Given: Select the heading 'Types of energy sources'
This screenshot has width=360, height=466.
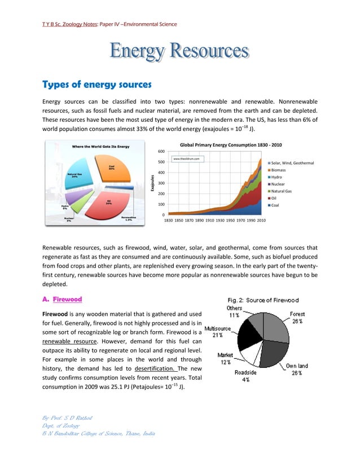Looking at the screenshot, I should [97, 85].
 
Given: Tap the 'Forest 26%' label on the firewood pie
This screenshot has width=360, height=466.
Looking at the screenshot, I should [297, 318].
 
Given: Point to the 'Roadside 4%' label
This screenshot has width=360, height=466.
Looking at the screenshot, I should [246, 376].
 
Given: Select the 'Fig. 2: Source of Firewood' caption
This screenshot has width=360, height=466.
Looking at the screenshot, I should [263, 300].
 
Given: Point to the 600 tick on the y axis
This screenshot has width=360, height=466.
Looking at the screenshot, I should [161, 151].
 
